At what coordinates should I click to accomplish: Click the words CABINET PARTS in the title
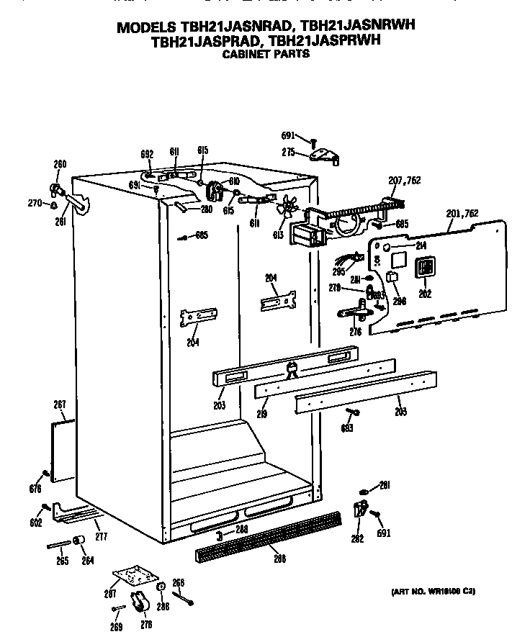click(266, 54)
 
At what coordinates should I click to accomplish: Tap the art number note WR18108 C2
click(433, 591)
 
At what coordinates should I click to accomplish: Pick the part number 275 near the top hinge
click(288, 153)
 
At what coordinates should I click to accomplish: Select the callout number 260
click(60, 164)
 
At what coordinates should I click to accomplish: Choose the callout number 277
click(101, 536)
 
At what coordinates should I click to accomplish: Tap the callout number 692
click(147, 153)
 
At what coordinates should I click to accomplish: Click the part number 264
click(87, 561)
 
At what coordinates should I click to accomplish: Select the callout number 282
click(356, 538)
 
